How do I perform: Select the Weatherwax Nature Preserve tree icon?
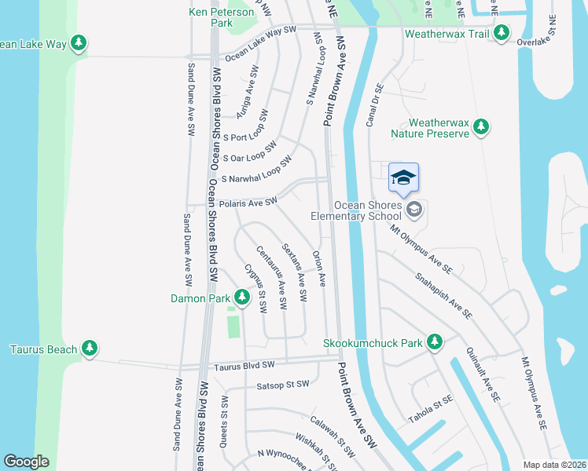[482, 126]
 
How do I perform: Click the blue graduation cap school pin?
[403, 178]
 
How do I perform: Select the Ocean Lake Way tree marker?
[79, 44]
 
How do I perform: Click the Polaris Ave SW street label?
[248, 203]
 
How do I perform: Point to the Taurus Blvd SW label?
[244, 366]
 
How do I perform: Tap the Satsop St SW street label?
[283, 385]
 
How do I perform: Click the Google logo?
[26, 462]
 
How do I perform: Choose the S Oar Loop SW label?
[250, 152]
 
